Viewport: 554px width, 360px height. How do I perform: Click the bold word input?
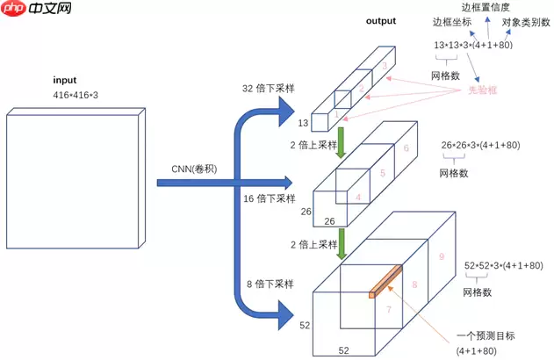(64, 79)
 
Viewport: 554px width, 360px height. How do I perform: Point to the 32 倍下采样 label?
(270, 89)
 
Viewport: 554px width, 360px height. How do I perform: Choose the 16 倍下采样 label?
(269, 199)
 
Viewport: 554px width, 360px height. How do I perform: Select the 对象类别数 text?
(526, 22)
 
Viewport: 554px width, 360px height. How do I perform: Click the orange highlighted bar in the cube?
(385, 280)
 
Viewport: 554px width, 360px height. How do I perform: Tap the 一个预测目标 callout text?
(482, 335)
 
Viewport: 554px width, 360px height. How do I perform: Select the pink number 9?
(442, 256)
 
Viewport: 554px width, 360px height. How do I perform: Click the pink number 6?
(406, 148)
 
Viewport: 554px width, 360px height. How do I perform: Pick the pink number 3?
(384, 66)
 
